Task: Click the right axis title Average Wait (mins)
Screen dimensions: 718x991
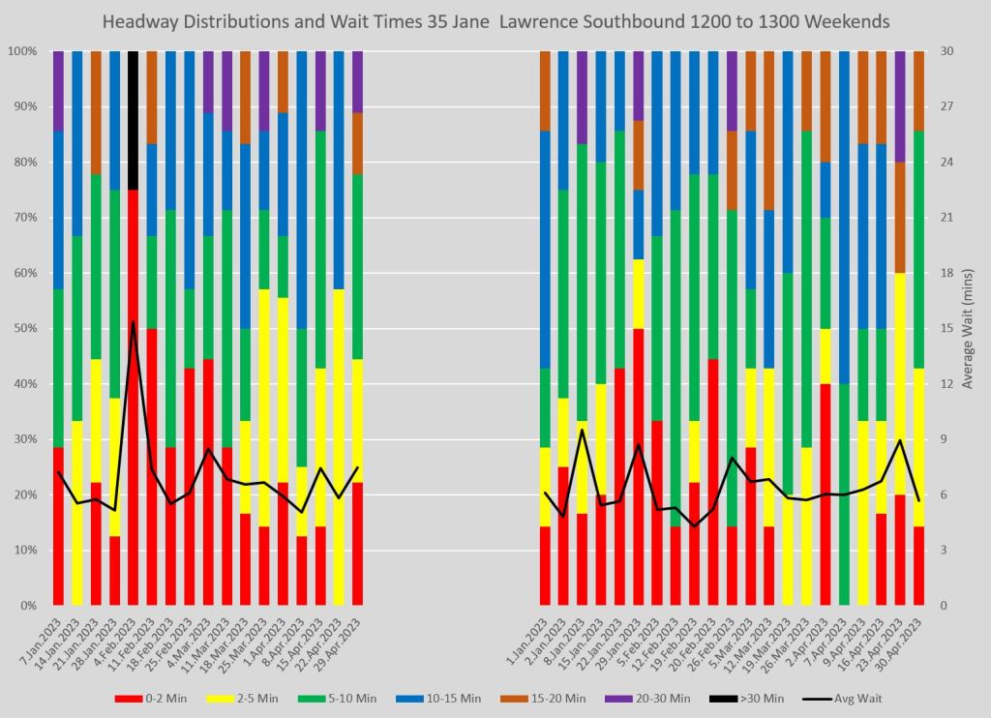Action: [x=969, y=329]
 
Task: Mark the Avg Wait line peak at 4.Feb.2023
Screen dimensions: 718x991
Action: [x=133, y=321]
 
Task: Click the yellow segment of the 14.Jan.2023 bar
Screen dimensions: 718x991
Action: [x=76, y=513]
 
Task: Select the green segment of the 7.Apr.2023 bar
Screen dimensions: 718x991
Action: [x=843, y=494]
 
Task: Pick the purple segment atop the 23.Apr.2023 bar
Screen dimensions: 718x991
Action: [x=899, y=106]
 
